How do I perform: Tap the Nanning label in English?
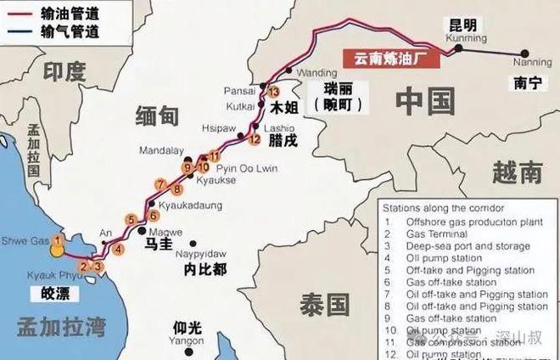pos(532,62)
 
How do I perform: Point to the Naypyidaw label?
pos(200,254)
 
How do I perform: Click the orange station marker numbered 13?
pos(273,92)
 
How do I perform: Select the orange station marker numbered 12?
pos(253,139)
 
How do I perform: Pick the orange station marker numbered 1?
pos(58,240)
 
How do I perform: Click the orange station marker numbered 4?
pos(119,249)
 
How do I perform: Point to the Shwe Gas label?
pos(21,239)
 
